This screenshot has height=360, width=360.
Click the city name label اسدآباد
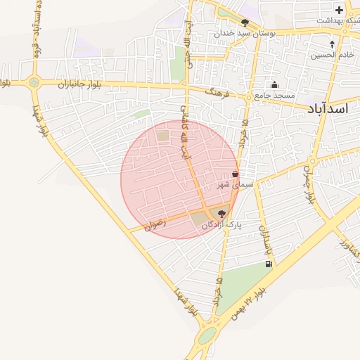[x=328, y=108]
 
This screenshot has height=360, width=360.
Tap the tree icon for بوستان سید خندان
[x=245, y=22]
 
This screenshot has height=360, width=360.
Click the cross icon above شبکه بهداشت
[x=340, y=10]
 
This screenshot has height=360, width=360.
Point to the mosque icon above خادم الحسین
[x=332, y=44]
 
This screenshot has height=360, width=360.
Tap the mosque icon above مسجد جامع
[x=274, y=85]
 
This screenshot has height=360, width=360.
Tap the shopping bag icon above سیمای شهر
[x=235, y=174]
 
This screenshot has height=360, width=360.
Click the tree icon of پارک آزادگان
[x=221, y=214]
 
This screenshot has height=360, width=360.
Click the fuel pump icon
[x=268, y=264]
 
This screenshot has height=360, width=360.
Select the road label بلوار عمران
[x=309, y=182]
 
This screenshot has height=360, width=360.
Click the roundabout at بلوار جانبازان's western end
[x=34, y=83]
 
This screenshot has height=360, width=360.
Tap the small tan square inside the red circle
[x=163, y=135]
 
